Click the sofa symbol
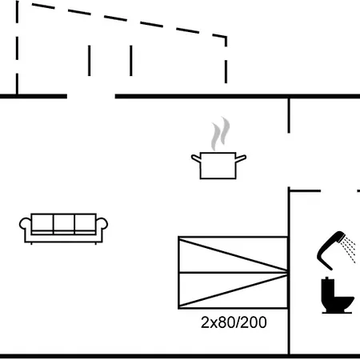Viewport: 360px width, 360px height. [63, 229]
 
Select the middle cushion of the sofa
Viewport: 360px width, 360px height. [64, 224]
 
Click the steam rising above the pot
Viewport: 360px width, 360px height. [221, 134]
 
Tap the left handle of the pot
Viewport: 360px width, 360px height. [196, 158]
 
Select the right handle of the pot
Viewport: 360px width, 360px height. [241, 158]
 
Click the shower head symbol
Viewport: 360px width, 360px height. [330, 250]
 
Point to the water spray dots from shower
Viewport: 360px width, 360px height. [350, 250]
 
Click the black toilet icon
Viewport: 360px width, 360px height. [338, 295]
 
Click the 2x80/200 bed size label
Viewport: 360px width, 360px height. [234, 322]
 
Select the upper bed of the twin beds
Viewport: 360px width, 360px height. [233, 254]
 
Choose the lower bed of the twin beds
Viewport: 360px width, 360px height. [233, 290]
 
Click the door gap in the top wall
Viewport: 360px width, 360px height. [91, 96]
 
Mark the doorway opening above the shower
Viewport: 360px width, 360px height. [338, 191]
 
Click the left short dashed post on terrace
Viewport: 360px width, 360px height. [90, 61]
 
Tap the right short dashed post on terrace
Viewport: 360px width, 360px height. [131, 61]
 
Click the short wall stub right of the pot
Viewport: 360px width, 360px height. [289, 115]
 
